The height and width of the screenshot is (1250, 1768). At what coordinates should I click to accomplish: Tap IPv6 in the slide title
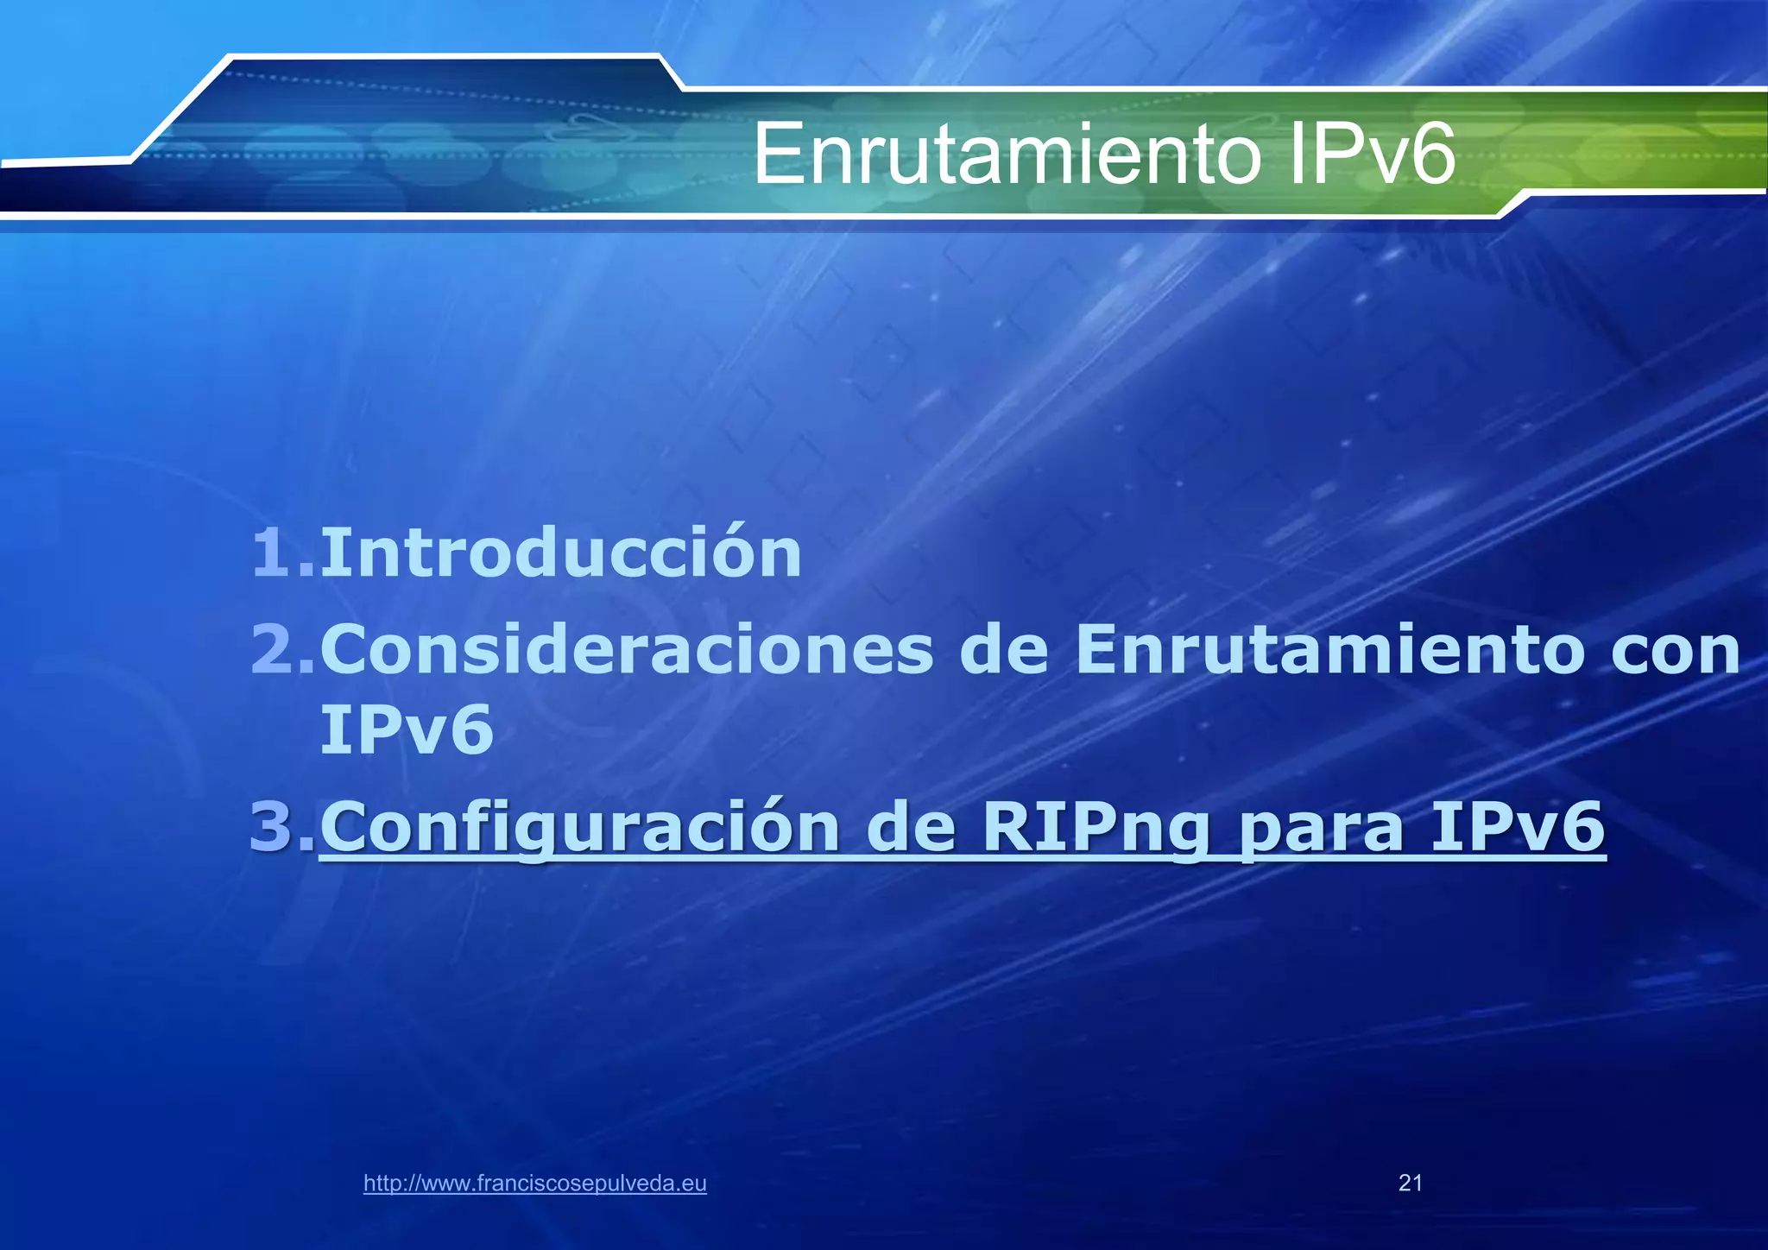1370,155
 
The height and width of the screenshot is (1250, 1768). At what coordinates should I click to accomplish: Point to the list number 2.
281,650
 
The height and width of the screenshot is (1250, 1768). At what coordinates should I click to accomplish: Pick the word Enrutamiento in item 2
1329,650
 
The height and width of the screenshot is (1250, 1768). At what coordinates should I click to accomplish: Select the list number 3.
281,826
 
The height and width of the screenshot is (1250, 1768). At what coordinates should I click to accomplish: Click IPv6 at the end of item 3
1518,826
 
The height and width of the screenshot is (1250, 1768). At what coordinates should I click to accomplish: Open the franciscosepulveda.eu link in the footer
535,1184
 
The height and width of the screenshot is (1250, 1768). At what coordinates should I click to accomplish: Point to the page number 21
1410,1183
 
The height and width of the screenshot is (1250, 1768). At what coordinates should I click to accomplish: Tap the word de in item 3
911,826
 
